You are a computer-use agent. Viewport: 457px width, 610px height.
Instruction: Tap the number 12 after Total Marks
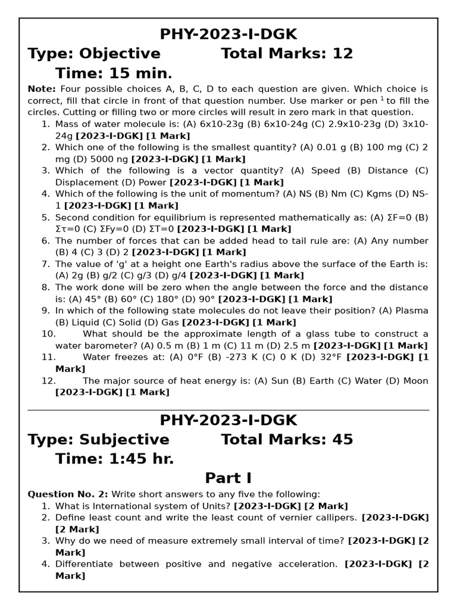[342, 54]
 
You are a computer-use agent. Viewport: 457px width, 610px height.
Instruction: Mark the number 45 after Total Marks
[342, 440]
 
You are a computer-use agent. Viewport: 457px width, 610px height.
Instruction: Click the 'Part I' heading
[228, 478]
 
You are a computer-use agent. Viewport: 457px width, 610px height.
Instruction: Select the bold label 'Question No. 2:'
[68, 494]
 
